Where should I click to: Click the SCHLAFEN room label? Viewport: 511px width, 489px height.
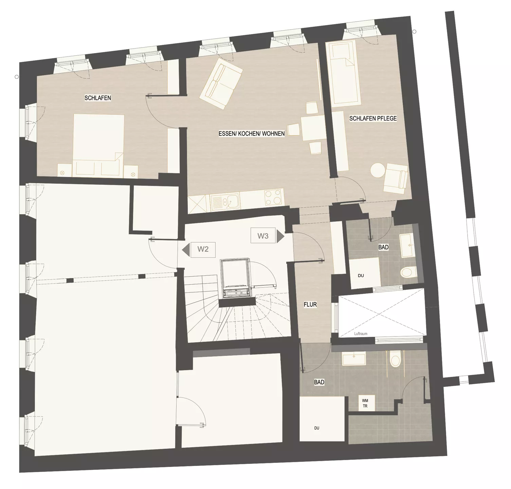(98, 98)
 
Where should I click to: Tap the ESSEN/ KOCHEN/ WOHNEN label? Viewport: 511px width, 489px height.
(252, 134)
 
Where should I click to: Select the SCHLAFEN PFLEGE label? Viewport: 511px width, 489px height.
(373, 119)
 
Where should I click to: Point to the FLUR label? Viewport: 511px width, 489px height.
(310, 305)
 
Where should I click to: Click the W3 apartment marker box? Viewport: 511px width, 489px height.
(263, 236)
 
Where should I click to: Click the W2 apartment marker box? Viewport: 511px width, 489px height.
(203, 250)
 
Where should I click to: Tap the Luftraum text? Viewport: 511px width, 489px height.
(361, 334)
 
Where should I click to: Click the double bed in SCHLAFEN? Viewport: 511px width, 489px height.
(99, 145)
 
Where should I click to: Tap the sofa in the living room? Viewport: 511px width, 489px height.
(221, 86)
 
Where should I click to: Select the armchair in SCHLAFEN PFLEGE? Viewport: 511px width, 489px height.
(396, 178)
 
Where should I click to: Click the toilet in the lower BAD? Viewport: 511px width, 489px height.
(396, 359)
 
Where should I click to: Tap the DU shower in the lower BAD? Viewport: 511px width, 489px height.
(322, 419)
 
